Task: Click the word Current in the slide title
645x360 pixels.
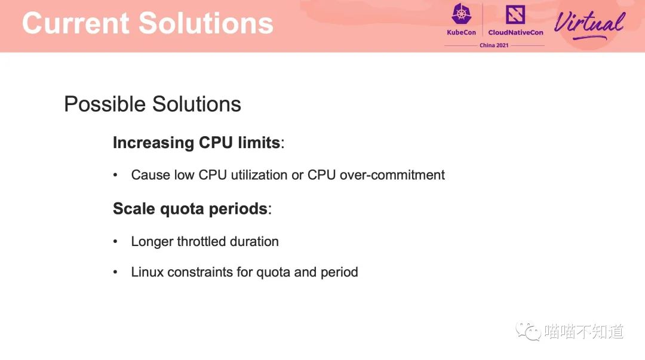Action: [76, 23]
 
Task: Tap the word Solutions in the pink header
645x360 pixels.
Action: [206, 23]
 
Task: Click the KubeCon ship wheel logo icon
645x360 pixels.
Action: [462, 14]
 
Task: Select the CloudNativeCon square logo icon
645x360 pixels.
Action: [515, 14]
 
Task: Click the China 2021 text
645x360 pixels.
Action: [494, 45]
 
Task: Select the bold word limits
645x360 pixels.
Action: [259, 143]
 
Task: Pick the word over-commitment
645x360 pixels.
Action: [392, 175]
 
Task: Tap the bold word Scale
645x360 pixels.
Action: [134, 208]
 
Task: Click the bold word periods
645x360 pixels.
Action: [238, 209]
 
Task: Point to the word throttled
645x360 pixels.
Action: [202, 242]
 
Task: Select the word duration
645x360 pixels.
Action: [254, 242]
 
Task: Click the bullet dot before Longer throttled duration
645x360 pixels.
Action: [115, 242]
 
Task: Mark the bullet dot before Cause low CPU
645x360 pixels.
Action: [115, 176]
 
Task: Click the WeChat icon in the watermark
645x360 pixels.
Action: [528, 331]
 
